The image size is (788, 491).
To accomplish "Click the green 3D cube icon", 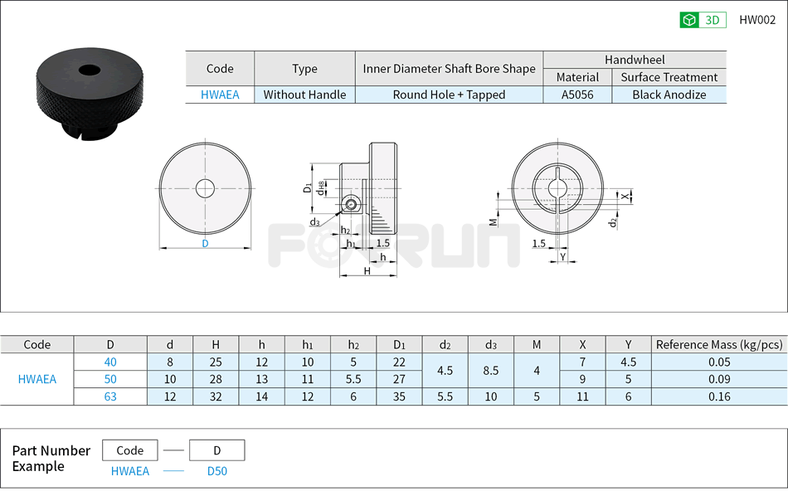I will pos(688,21).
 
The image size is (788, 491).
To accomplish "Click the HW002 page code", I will pos(756,21).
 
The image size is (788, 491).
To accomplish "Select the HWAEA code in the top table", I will pos(220,95).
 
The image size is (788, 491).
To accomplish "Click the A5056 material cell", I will pos(577,95).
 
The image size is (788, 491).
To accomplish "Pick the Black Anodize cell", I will pos(669,95).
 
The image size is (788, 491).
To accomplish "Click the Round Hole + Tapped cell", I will pos(449,95).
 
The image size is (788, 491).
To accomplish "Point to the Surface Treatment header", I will pos(669,77).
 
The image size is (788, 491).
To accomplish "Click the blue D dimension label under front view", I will pos(205,244).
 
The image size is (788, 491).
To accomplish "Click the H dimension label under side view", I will pos(367,271).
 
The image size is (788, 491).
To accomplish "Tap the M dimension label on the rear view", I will pos(493,221).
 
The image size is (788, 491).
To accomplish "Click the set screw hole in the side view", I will pos(352,204).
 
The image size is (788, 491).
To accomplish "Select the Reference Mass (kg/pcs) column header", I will pos(718,345).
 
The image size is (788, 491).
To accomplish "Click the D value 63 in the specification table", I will pos(110,396).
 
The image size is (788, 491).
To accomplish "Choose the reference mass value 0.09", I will pos(718,379).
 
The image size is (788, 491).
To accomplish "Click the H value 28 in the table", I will pos(216,379).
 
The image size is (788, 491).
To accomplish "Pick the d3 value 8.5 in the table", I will pos(491,371).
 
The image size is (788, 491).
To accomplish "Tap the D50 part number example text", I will pos(216,471).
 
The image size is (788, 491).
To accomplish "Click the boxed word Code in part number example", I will pos(130,450).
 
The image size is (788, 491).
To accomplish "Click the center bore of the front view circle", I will pos(205,187).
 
